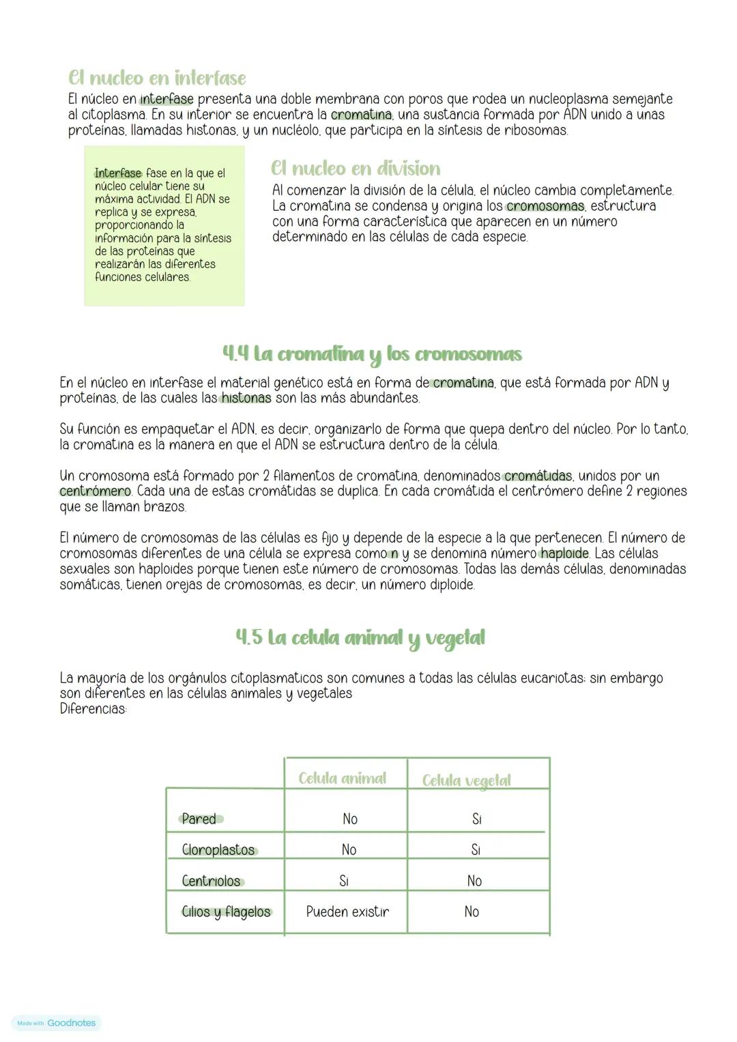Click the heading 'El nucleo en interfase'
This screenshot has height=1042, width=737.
coord(157,78)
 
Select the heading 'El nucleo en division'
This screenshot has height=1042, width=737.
coord(356,169)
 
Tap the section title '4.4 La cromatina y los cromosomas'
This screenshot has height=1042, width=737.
coord(373,354)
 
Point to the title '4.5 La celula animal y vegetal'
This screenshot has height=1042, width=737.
coord(360,637)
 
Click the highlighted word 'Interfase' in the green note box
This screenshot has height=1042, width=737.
coord(118,173)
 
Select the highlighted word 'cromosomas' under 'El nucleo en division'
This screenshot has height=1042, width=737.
coord(545,206)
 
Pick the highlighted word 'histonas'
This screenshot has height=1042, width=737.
coord(245,398)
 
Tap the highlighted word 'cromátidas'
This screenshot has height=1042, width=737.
coord(538,476)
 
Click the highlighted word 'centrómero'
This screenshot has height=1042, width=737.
coord(95,491)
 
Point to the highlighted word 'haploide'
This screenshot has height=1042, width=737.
coord(564,553)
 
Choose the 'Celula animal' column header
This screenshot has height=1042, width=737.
coord(343,779)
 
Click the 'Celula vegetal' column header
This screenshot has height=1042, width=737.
coord(467,781)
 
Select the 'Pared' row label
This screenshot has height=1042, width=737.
coord(199,819)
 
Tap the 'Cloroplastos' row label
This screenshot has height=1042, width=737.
coord(218,850)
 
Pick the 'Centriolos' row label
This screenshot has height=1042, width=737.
coord(212,881)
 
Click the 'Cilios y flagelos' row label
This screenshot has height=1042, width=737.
coord(226,912)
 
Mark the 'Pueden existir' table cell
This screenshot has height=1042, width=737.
coord(348,912)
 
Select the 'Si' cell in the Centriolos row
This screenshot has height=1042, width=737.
coord(344,881)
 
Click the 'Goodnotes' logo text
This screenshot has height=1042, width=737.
coord(72,1023)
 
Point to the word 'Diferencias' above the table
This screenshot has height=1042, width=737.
coord(93,709)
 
